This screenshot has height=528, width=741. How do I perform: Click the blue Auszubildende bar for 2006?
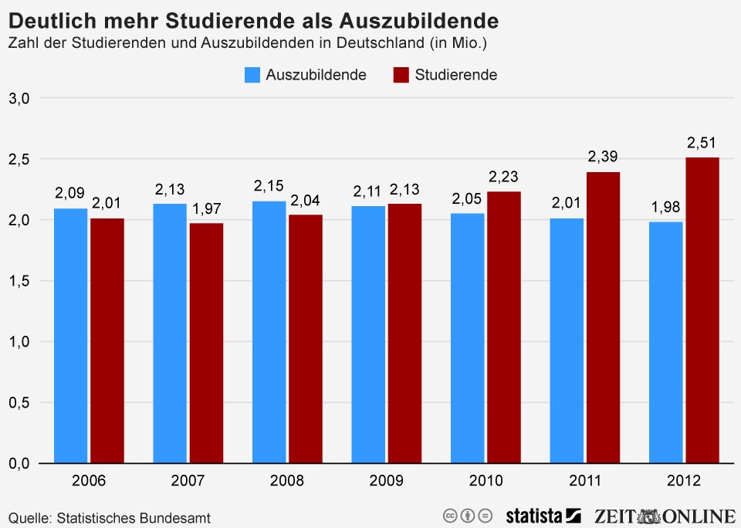[x=70, y=336]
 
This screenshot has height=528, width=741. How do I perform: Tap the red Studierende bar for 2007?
[x=206, y=343]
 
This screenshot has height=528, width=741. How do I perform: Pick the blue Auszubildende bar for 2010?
[x=467, y=338]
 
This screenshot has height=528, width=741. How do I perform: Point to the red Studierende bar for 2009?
[x=404, y=333]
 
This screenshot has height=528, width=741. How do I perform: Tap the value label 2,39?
[x=603, y=157]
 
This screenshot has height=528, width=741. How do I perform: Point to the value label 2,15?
[x=269, y=186]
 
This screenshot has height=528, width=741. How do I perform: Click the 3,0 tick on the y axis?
[x=19, y=98]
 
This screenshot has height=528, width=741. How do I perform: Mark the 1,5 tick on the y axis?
[x=19, y=281]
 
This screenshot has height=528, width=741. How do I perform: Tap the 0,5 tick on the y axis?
[x=19, y=403]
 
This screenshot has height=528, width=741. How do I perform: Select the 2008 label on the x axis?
[x=287, y=481]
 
